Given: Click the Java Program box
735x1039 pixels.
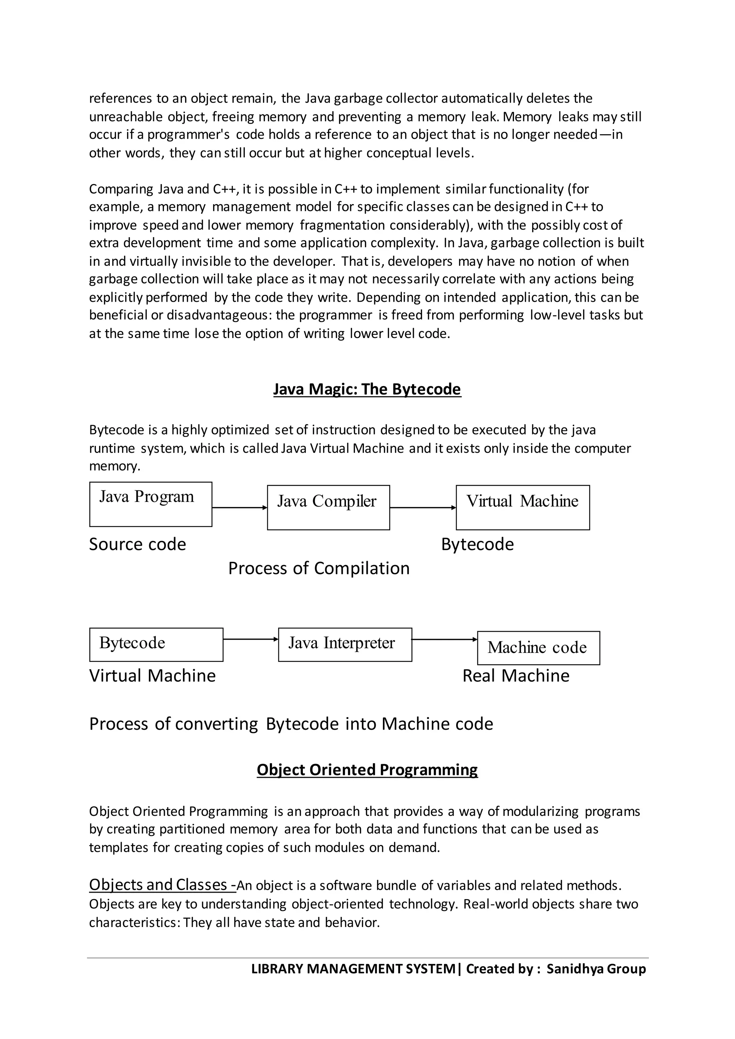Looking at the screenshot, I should point(151,504).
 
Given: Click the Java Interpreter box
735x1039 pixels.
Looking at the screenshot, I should point(345,644).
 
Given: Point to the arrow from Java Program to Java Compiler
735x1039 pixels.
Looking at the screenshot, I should point(239,508).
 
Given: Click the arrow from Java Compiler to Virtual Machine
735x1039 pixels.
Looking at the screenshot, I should point(422,508).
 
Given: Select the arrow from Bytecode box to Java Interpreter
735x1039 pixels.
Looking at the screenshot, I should point(250,639).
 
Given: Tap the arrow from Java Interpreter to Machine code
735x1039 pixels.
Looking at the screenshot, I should point(444,639).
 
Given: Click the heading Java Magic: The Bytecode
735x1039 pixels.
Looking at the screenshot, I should point(367,389).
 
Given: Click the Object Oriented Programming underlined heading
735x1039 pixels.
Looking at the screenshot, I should point(367,770).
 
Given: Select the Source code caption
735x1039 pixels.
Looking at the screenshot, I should point(137,544).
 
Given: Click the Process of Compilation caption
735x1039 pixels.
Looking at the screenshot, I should point(319,568).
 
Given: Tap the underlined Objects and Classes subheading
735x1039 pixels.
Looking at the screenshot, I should point(161,885).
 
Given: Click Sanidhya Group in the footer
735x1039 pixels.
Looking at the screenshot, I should point(596,969).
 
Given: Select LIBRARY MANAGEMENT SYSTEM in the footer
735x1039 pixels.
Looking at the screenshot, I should point(354,969).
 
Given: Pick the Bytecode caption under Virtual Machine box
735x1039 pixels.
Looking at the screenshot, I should point(477,544).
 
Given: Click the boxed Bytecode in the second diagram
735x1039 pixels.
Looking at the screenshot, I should point(156,644).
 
